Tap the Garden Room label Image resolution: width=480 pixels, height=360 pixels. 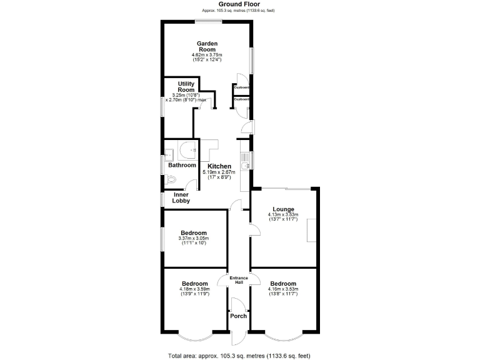[207, 46]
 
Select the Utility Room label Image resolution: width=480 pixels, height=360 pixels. [186, 86]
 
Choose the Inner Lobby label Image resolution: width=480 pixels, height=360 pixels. [181, 197]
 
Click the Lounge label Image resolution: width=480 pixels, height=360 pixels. [283, 209]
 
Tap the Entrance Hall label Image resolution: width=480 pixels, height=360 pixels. [239, 281]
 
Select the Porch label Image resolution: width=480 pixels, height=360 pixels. [238, 316]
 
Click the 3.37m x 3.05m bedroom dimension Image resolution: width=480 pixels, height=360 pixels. [193, 239]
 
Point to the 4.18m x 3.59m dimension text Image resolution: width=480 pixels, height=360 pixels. [194, 289]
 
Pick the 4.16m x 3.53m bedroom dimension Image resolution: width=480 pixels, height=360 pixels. [283, 289]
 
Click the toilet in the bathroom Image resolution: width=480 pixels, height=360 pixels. [172, 180]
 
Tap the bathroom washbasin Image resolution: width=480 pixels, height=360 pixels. [169, 154]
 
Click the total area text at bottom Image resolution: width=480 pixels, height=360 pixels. [239, 355]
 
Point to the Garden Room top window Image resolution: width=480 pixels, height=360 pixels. [208, 22]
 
